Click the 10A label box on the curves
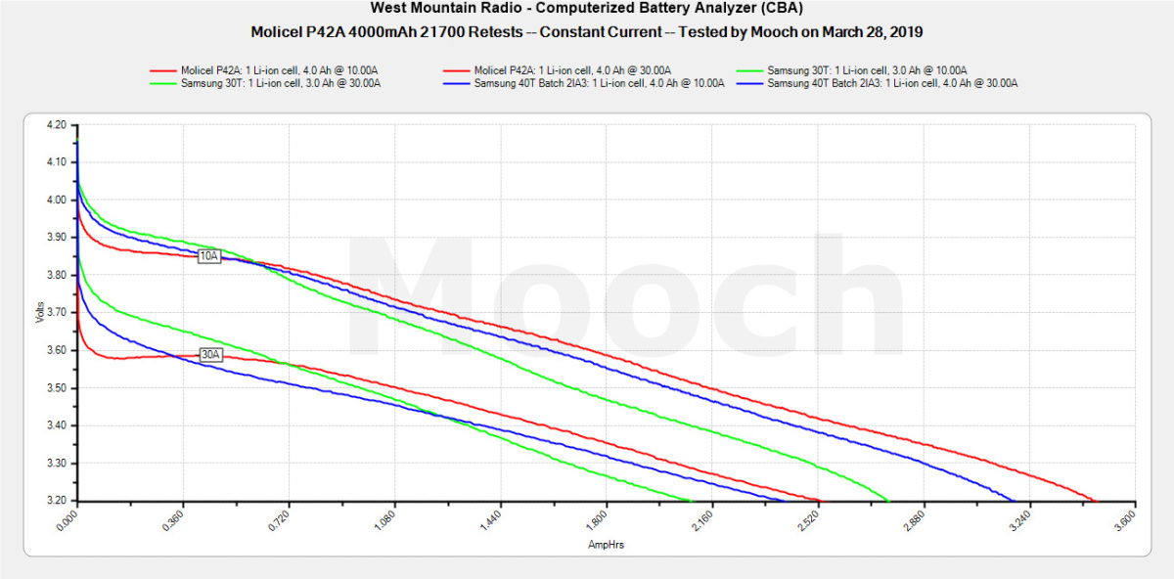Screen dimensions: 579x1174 [x=208, y=256]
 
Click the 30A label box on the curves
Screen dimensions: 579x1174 [x=210, y=355]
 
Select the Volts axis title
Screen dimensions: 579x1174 [x=38, y=313]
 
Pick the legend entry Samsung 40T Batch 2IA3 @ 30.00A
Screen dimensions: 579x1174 [x=892, y=83]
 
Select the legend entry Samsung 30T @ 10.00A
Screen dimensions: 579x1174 [x=868, y=70]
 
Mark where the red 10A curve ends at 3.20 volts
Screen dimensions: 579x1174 [x=1096, y=500]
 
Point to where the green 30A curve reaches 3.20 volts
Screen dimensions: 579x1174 [x=691, y=500]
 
